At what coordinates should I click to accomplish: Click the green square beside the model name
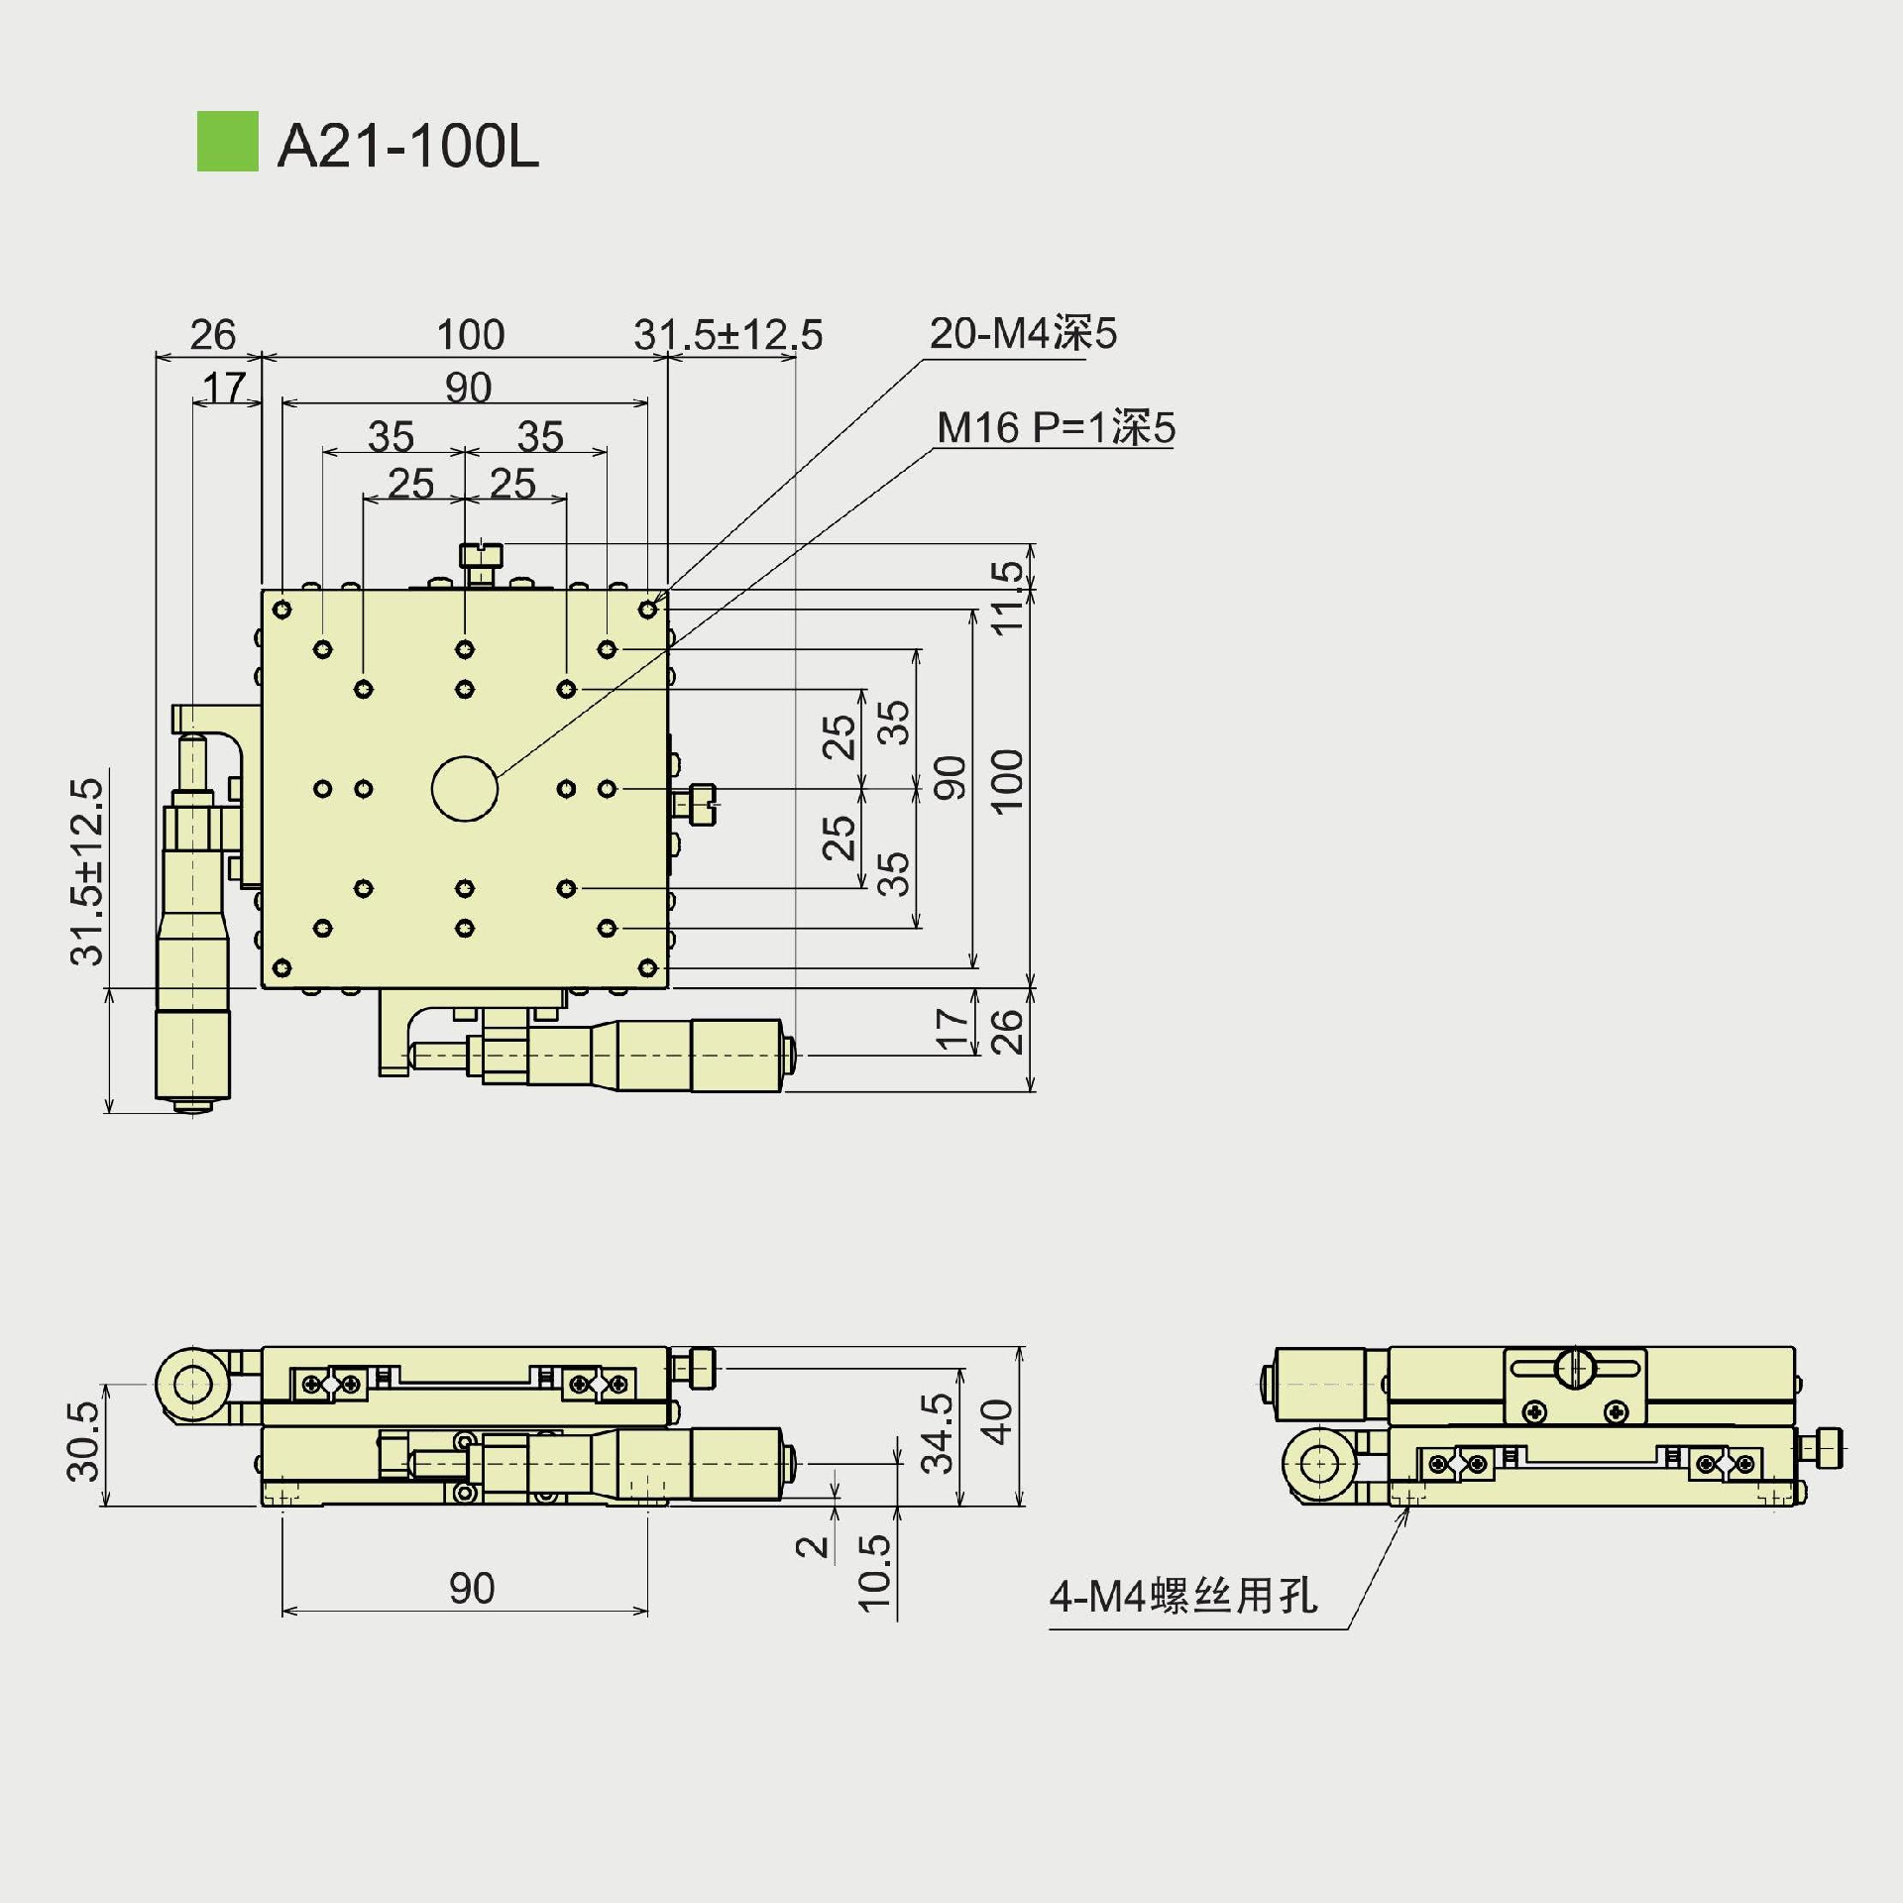[227, 141]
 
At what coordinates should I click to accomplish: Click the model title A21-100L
[407, 147]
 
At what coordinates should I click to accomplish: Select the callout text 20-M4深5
[1023, 334]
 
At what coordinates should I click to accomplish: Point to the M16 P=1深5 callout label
[1056, 428]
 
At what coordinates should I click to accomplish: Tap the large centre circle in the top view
[465, 789]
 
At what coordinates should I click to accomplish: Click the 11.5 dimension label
[1007, 598]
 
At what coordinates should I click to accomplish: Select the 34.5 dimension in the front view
[937, 1433]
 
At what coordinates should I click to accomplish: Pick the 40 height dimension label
[997, 1422]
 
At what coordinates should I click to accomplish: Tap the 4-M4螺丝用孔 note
[1183, 1597]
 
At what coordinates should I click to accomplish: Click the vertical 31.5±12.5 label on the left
[87, 871]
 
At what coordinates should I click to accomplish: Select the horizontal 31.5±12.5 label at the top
[728, 335]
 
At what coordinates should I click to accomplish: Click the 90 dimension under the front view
[471, 1589]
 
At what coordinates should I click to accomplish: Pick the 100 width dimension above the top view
[470, 335]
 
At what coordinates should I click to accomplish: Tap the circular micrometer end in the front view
[190, 1385]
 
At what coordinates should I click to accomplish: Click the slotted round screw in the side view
[1575, 1369]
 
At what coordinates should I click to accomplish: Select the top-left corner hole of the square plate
[282, 609]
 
